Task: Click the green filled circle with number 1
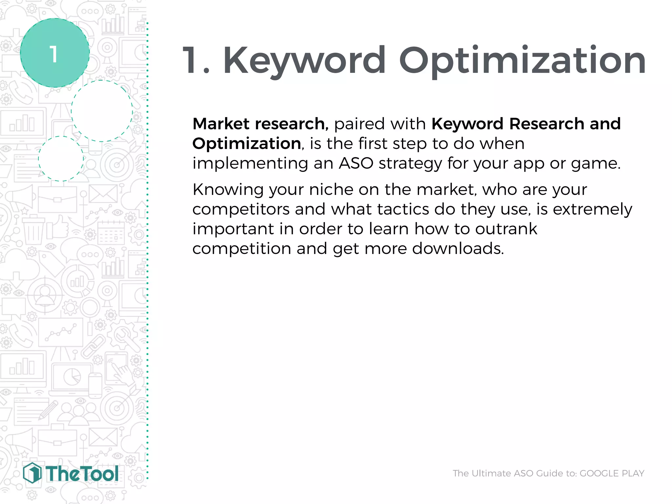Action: [54, 53]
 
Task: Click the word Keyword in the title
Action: [304, 61]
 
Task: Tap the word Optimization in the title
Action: [522, 61]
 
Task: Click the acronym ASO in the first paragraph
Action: [356, 163]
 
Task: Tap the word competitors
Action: [241, 209]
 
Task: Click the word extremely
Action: [592, 209]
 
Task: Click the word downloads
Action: [457, 249]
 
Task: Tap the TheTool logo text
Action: [82, 474]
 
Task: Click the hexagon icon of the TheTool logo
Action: [32, 473]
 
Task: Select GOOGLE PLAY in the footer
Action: [612, 473]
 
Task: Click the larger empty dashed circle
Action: [102, 111]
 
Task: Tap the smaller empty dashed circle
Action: [61, 158]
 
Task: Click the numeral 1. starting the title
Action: [196, 61]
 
